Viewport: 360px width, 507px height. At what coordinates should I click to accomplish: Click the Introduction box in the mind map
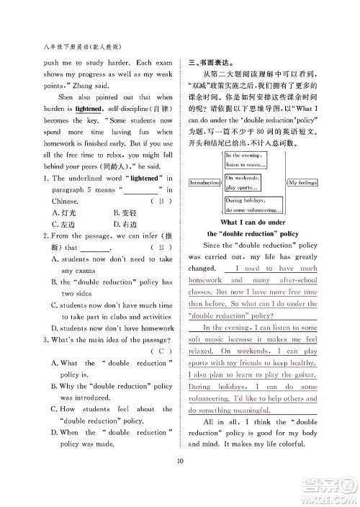click(x=204, y=183)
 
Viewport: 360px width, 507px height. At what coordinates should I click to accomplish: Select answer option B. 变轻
click(x=126, y=212)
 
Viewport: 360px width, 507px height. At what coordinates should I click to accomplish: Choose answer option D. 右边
click(x=127, y=225)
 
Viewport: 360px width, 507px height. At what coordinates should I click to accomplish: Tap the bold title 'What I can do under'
click(x=252, y=223)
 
